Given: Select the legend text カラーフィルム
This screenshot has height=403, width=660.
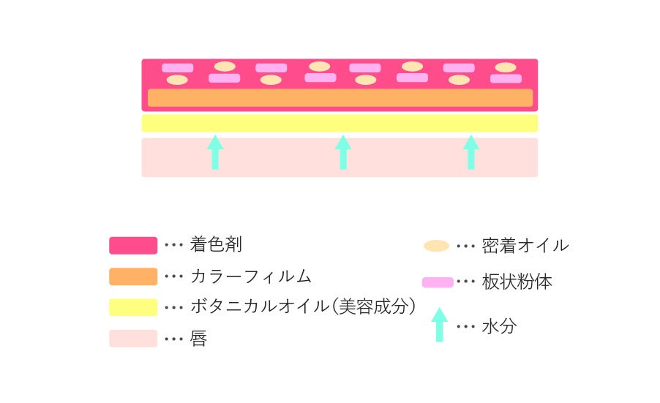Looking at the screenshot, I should tap(250, 276).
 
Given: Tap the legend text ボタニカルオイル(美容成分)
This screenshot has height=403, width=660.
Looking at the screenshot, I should tap(303, 307).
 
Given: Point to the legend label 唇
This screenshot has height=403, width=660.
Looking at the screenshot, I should tap(198, 339).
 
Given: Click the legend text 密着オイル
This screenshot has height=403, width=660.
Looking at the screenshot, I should tap(525, 246).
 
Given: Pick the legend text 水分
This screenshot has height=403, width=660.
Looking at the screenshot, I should tap(499, 326).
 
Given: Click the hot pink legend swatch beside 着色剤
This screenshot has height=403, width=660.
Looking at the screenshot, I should tap(133, 245).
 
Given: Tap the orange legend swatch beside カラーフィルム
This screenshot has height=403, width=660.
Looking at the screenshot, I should tap(133, 276).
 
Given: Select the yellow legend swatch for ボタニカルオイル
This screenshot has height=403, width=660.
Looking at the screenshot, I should tap(133, 307).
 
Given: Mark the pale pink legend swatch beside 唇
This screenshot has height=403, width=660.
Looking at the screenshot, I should tap(133, 339).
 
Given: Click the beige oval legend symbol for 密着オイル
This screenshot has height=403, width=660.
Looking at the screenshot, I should tap(436, 246).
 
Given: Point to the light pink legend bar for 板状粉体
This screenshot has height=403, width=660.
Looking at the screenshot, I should tap(438, 282).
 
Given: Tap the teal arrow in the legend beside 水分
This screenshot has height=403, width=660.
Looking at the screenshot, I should tap(439, 325).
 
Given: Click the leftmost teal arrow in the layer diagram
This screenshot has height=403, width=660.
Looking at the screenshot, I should tap(215, 152).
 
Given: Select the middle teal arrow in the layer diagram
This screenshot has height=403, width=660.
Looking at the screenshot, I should tap(343, 152).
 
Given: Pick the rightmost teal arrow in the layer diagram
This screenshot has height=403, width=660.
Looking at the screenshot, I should tap(471, 152).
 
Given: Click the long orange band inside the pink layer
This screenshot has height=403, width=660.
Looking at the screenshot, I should tap(340, 98).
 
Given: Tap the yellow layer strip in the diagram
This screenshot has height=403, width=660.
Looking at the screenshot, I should tap(340, 123).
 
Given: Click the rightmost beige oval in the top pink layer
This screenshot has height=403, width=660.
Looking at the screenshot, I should tap(506, 67).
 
